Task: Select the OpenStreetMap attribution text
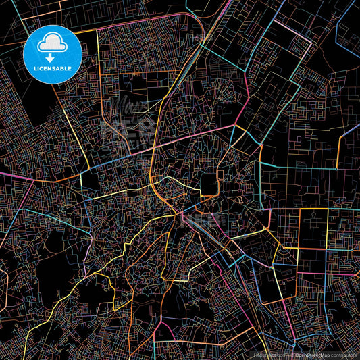coord(311,354)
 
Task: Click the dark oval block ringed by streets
coord(209,182)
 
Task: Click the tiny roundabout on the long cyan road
coord(337,168)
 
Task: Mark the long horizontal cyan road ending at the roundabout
coord(297,168)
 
